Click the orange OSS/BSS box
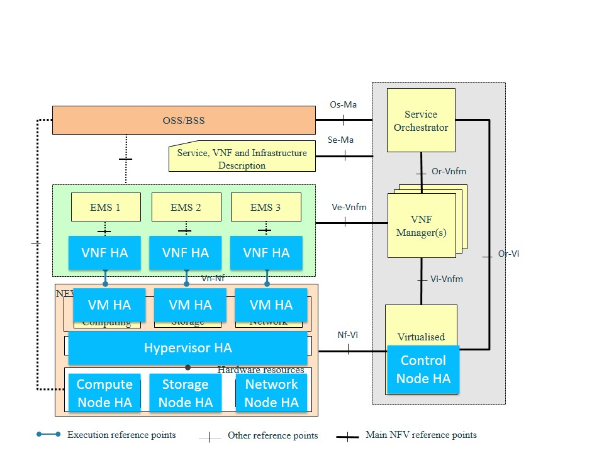183,120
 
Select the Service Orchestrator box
421,120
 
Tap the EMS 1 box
106,207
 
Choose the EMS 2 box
186,207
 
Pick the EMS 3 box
266,207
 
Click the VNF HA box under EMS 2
185,253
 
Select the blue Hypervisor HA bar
187,348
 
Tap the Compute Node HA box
104,393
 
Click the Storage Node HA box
185,393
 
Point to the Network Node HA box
271,393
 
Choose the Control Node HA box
423,369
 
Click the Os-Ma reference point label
343,104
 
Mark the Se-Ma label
340,140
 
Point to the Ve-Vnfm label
349,206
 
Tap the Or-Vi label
508,254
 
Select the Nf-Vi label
347,335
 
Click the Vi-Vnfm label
447,279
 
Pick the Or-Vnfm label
449,171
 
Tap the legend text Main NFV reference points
421,435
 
